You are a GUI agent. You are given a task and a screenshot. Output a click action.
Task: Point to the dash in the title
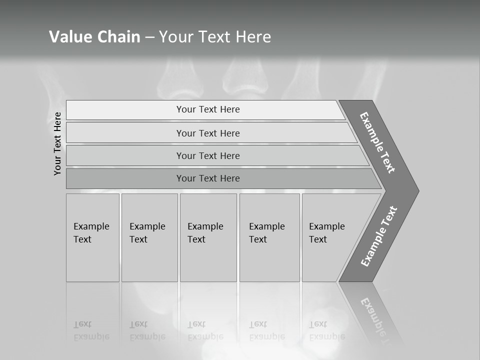pyautogui.click(x=149, y=37)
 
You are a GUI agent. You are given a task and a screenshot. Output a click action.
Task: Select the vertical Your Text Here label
pyautogui.click(x=57, y=143)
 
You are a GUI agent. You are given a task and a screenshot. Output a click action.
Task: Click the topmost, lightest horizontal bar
pyautogui.click(x=207, y=109)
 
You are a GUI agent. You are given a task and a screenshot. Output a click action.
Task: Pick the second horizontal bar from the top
pyautogui.click(x=207, y=133)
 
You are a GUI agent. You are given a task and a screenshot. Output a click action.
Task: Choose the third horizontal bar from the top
pyautogui.click(x=207, y=155)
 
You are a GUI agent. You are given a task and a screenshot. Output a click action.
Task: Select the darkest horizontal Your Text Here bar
pyautogui.click(x=207, y=178)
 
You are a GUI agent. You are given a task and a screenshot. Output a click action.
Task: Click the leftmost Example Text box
pyautogui.click(x=92, y=237)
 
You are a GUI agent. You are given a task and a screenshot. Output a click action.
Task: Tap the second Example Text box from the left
pyautogui.click(x=149, y=237)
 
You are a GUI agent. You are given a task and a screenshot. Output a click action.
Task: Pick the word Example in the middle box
pyautogui.click(x=205, y=226)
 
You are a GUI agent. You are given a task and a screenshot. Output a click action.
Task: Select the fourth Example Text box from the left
pyautogui.click(x=269, y=237)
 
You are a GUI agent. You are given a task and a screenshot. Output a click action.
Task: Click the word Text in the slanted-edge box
pyautogui.click(x=317, y=239)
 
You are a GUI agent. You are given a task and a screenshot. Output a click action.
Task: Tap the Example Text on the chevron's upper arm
pyautogui.click(x=377, y=142)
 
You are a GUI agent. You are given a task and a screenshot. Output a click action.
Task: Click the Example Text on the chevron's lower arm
pyautogui.click(x=379, y=236)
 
